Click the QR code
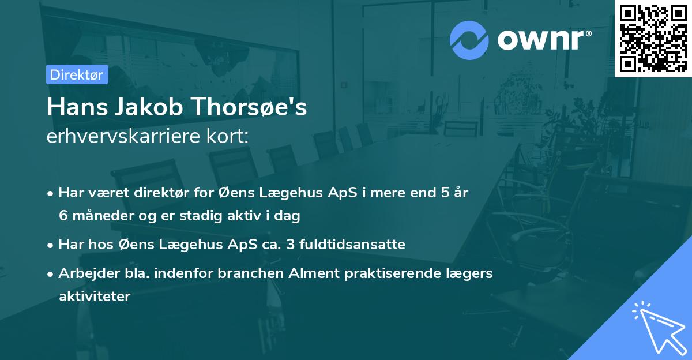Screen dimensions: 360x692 653,38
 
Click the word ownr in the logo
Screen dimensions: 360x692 543,40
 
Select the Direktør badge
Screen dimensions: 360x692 77,74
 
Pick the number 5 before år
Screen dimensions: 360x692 445,193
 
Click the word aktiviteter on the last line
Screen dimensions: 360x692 95,297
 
